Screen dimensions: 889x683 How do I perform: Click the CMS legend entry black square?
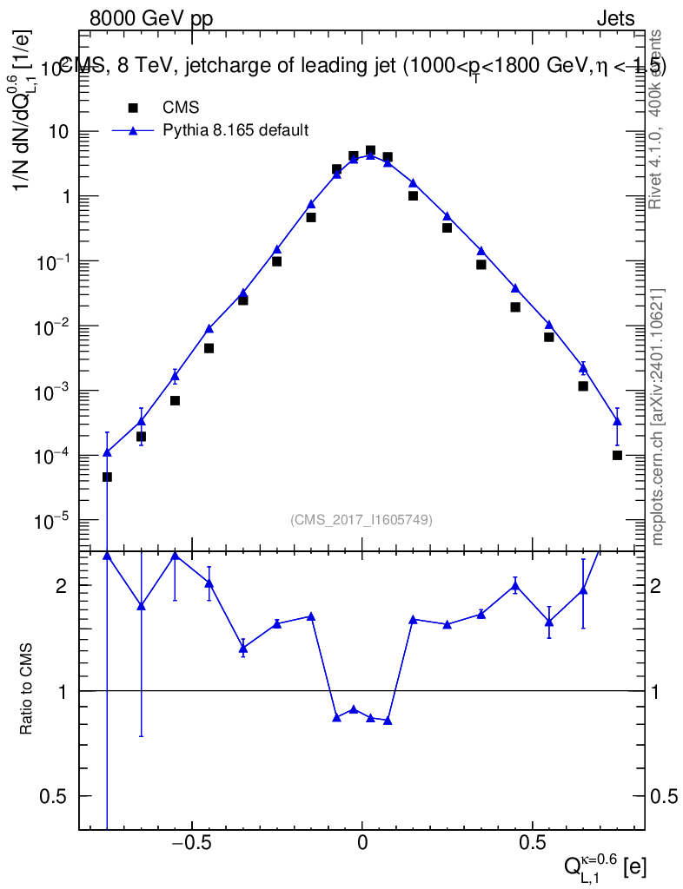[133, 108]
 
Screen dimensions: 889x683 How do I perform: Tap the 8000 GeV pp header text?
[151, 18]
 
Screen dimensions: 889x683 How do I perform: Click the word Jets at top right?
[614, 18]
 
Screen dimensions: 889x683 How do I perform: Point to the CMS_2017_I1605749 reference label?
[361, 519]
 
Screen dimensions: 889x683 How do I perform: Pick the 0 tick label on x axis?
[362, 843]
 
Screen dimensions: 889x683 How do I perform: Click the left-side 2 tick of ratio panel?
[62, 586]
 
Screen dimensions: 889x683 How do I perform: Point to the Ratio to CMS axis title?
[27, 689]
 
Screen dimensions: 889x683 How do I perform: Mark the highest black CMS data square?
[370, 150]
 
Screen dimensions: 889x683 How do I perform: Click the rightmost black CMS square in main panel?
[617, 455]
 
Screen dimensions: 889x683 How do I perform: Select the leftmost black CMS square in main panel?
[107, 477]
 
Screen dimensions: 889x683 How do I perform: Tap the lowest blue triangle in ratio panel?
[388, 721]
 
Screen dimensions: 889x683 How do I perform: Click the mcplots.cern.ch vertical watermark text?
[658, 417]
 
